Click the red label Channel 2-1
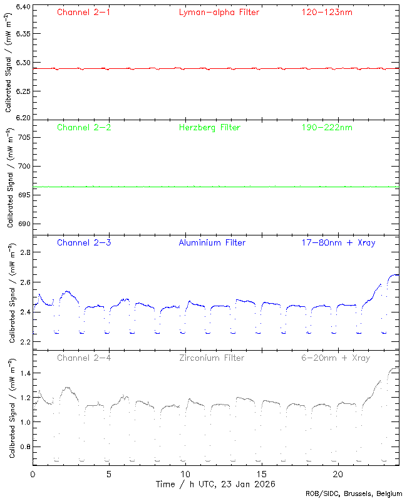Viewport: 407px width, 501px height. point(84,12)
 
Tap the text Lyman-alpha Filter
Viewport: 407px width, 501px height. point(219,12)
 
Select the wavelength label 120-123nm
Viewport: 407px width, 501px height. point(326,12)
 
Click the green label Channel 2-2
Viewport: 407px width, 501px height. point(84,127)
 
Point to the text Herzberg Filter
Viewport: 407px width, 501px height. point(210,127)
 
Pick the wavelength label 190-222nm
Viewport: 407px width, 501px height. point(326,127)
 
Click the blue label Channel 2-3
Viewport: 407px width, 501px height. point(84,242)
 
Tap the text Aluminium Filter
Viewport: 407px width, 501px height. point(212,242)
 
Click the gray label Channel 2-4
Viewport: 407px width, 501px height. point(84,358)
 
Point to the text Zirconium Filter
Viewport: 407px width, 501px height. point(212,358)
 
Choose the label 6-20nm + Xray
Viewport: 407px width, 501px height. point(335,358)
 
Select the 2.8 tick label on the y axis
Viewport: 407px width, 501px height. point(25,252)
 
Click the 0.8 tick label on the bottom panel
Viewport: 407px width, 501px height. point(25,447)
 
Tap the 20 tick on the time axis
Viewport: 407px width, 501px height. point(339,474)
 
